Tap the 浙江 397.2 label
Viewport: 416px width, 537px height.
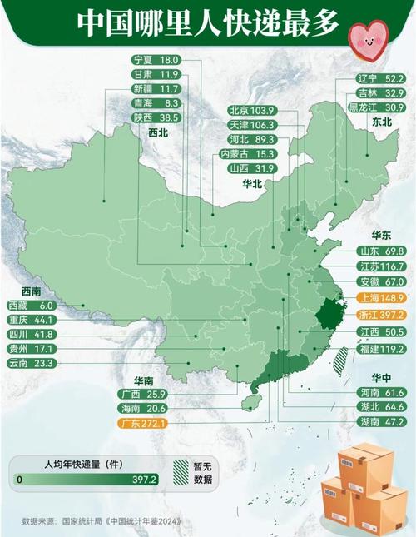[379, 316]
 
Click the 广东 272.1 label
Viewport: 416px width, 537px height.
[144, 424]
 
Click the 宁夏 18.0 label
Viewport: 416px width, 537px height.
[156, 61]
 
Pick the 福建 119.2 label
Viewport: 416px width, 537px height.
[379, 350]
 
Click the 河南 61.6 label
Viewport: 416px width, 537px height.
[379, 391]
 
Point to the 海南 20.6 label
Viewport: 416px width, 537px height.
[144, 408]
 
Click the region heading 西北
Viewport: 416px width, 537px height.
[158, 132]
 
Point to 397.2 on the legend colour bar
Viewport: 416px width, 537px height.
[143, 480]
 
